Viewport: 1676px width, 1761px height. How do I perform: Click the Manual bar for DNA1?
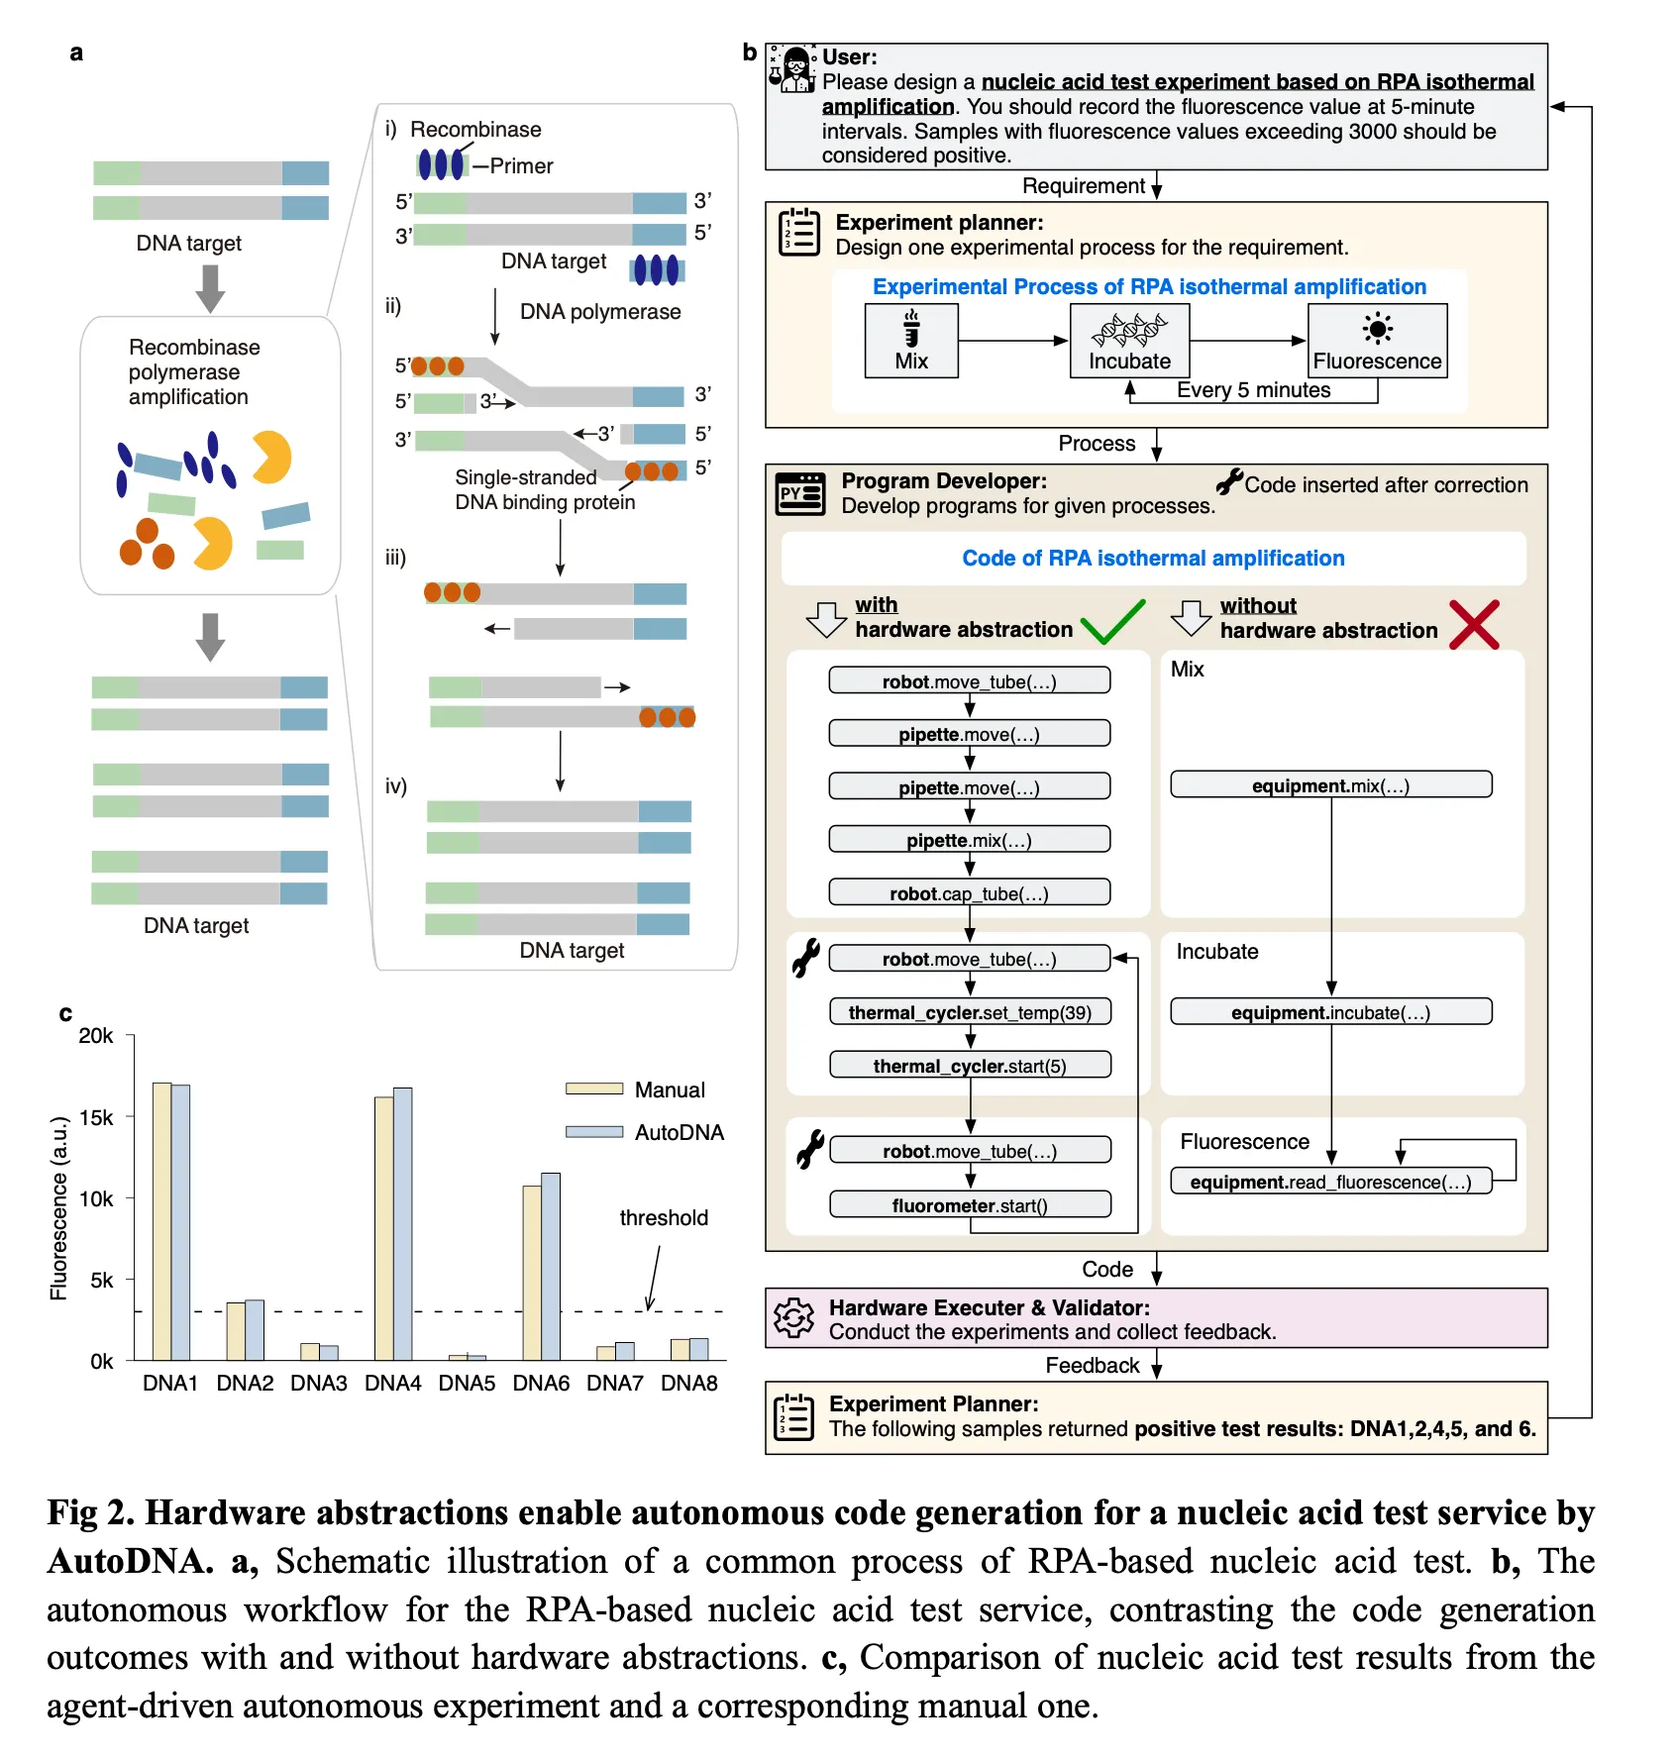pyautogui.click(x=162, y=1221)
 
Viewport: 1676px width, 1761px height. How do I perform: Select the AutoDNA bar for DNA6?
pyautogui.click(x=551, y=1267)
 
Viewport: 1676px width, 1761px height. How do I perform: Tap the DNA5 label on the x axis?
pyautogui.click(x=467, y=1383)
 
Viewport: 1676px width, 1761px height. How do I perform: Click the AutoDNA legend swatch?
pyautogui.click(x=594, y=1131)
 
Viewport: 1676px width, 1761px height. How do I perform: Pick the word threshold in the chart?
pyautogui.click(x=664, y=1217)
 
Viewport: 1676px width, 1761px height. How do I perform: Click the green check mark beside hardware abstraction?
pyautogui.click(x=1112, y=622)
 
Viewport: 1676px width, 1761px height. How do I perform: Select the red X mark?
pyautogui.click(x=1474, y=625)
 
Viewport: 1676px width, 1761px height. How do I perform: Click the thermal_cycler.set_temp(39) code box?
pyautogui.click(x=970, y=1012)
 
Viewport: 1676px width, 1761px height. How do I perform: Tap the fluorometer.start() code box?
pyautogui.click(x=970, y=1204)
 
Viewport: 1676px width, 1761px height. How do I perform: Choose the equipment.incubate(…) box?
pyautogui.click(x=1330, y=1011)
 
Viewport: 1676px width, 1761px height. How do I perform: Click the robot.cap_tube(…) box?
pyautogui.click(x=969, y=892)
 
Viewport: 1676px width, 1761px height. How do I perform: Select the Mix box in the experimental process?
pyautogui.click(x=911, y=341)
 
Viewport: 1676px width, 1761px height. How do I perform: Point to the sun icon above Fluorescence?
pyautogui.click(x=1377, y=328)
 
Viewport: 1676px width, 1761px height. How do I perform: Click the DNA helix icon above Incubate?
pyautogui.click(x=1129, y=329)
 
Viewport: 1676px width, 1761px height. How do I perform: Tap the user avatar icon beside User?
pyautogui.click(x=792, y=68)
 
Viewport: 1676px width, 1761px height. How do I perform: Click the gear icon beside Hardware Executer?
pyautogui.click(x=793, y=1318)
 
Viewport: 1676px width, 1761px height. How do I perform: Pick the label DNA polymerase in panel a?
pyautogui.click(x=600, y=312)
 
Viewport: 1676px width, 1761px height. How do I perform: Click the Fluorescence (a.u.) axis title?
pyautogui.click(x=59, y=1208)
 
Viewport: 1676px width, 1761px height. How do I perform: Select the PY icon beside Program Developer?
pyautogui.click(x=800, y=493)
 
